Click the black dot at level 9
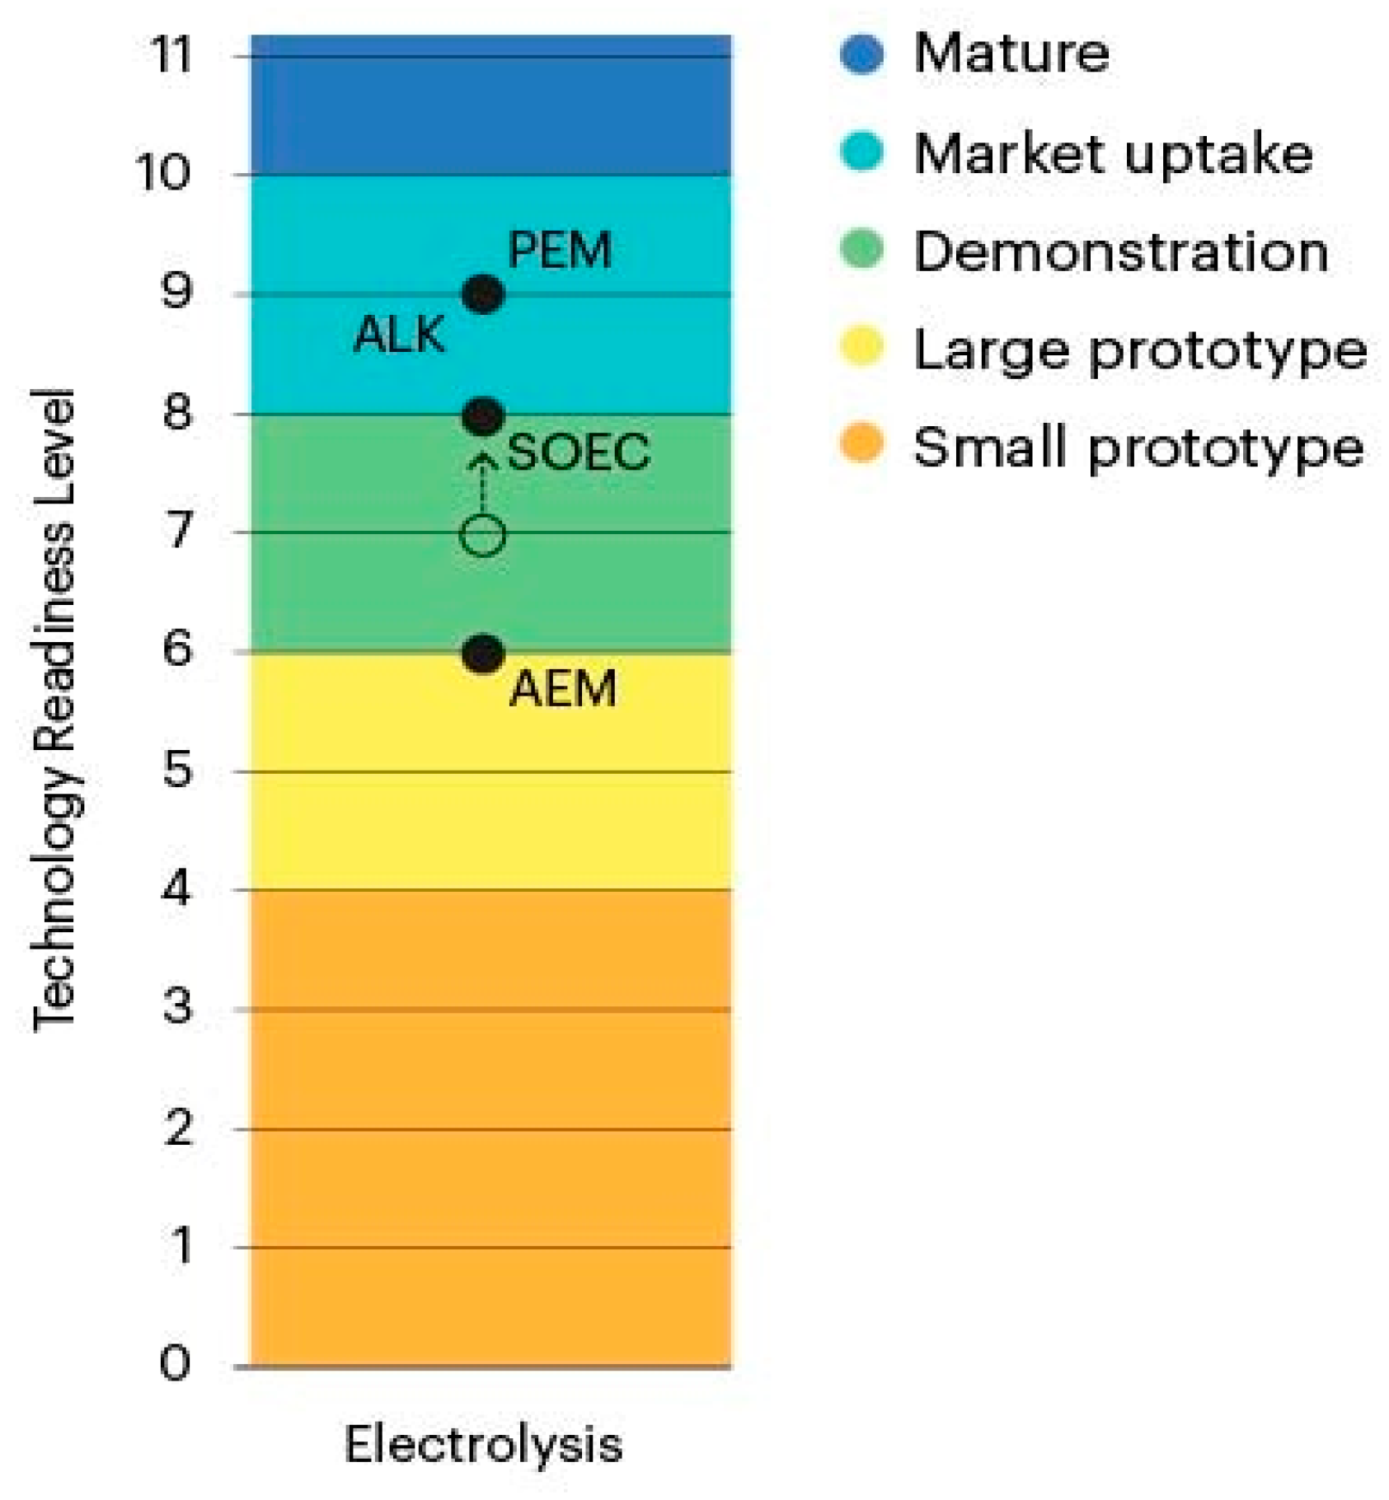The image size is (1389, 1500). tap(483, 294)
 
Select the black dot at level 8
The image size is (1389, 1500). tap(483, 416)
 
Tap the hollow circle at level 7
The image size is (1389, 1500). tap(482, 535)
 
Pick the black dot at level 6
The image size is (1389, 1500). tap(483, 654)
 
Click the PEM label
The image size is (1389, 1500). tap(560, 250)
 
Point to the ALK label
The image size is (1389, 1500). tap(399, 335)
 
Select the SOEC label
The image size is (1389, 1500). tap(578, 452)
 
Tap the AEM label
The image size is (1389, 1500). tap(563, 689)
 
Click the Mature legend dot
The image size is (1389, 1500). tap(861, 54)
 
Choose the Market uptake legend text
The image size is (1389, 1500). tap(1112, 154)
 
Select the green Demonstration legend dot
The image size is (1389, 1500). tap(861, 249)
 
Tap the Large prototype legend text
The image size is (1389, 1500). tap(1140, 350)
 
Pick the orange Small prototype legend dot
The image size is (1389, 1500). tap(861, 444)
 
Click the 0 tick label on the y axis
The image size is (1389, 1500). tap(175, 1362)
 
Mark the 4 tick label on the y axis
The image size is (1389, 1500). tap(176, 888)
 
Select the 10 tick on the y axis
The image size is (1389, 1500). tap(163, 174)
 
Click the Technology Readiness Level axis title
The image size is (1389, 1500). tap(54, 709)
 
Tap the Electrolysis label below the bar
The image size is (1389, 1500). tap(483, 1445)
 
